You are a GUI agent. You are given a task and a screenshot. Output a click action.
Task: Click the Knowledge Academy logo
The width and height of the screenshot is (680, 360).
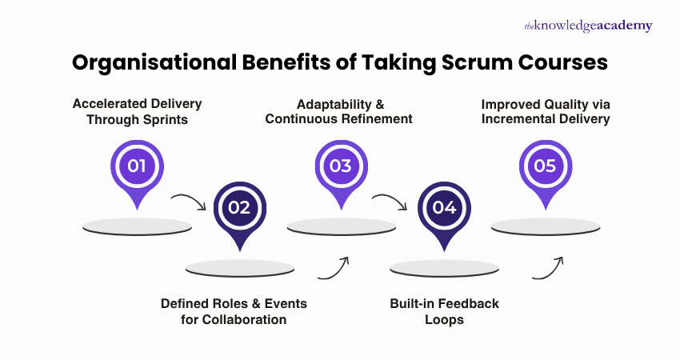pos(588,26)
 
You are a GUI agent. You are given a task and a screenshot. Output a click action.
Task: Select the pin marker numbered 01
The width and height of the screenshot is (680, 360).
pos(137,167)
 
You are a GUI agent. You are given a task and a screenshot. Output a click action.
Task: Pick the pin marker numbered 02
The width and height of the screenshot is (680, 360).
pos(239,209)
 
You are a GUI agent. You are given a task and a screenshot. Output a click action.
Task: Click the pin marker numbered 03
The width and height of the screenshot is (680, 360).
pos(341,167)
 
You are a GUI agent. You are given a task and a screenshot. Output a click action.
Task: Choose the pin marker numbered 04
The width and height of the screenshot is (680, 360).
pos(444,209)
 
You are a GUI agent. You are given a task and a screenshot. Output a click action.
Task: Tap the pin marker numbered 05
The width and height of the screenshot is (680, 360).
pos(546,167)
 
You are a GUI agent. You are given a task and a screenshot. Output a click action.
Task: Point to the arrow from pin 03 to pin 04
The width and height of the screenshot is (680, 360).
pos(393,200)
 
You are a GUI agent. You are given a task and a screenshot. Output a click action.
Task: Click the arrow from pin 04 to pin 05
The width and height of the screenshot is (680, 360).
pos(549,267)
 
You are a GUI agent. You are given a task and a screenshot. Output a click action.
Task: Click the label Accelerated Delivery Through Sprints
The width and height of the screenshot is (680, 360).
pos(137,111)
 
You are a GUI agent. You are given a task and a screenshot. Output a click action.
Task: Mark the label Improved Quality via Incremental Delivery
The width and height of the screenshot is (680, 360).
pos(546,111)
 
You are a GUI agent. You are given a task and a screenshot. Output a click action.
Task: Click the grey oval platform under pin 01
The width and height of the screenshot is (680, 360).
pos(137,226)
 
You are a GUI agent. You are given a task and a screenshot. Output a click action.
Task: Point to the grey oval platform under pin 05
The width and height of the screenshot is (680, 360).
pos(546,226)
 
